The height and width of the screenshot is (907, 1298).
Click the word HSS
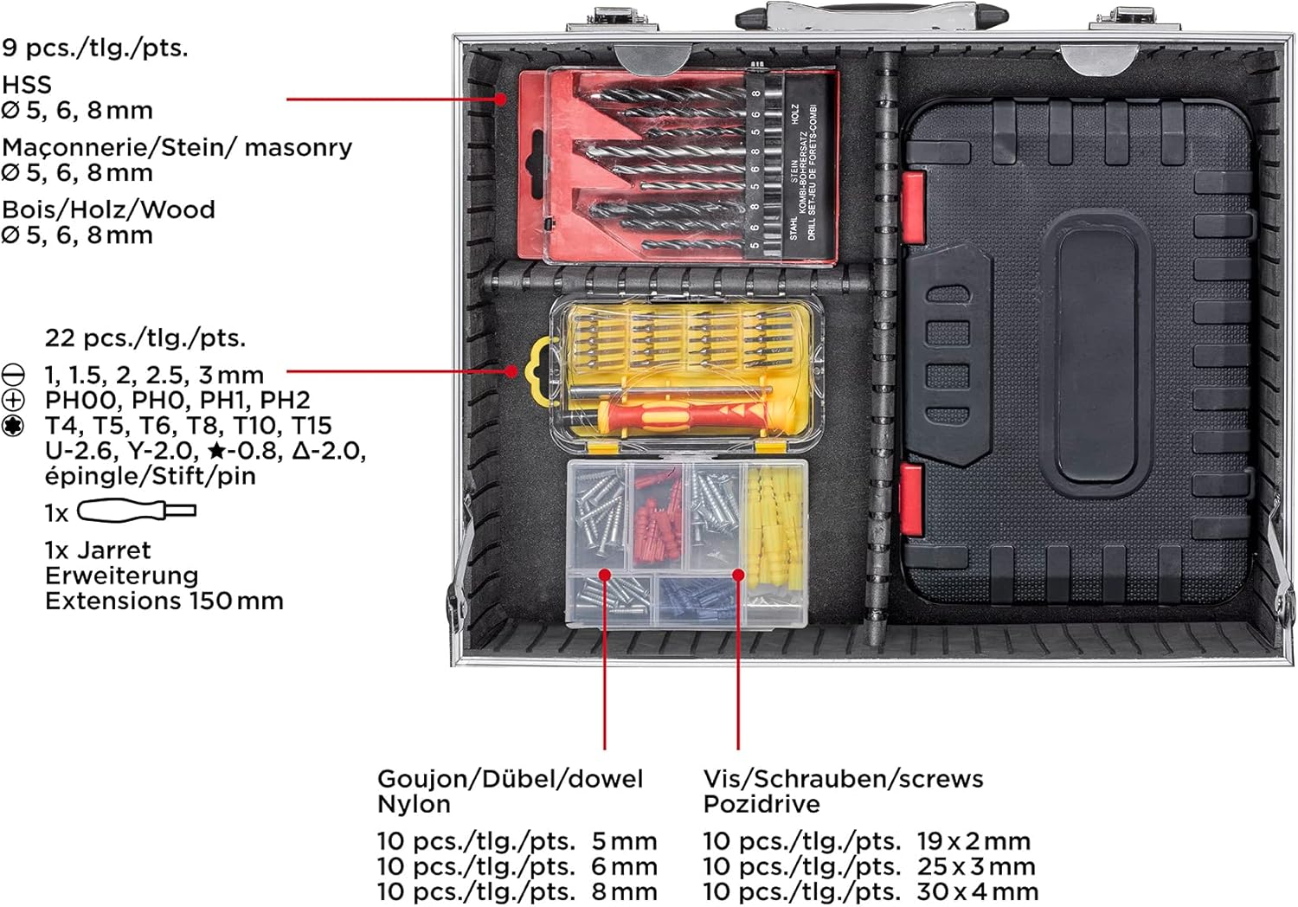[27, 85]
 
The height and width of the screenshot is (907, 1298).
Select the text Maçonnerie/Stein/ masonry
[177, 148]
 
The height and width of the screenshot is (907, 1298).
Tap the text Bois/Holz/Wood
[108, 209]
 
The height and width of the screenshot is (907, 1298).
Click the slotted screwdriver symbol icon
[13, 375]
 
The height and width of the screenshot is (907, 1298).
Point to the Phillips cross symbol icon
[13, 400]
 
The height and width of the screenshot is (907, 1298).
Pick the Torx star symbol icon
[13, 426]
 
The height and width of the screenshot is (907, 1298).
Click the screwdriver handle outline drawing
[137, 511]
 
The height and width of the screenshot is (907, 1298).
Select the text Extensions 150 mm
[164, 601]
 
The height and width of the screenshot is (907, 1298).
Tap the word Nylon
[414, 804]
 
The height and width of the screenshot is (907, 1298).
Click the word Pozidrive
[761, 804]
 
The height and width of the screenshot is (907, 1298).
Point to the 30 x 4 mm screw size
[978, 891]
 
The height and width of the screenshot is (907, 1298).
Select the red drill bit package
[678, 166]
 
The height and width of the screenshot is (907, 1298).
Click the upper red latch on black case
[912, 207]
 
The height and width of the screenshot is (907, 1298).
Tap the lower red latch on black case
[911, 499]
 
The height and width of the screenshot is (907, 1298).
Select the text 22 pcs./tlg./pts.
[145, 338]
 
